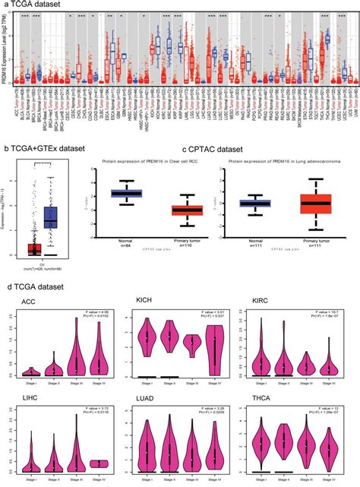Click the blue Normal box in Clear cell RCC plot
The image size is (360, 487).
point(128,193)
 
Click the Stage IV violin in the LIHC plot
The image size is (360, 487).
point(99,463)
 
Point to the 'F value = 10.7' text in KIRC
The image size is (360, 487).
point(329,311)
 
